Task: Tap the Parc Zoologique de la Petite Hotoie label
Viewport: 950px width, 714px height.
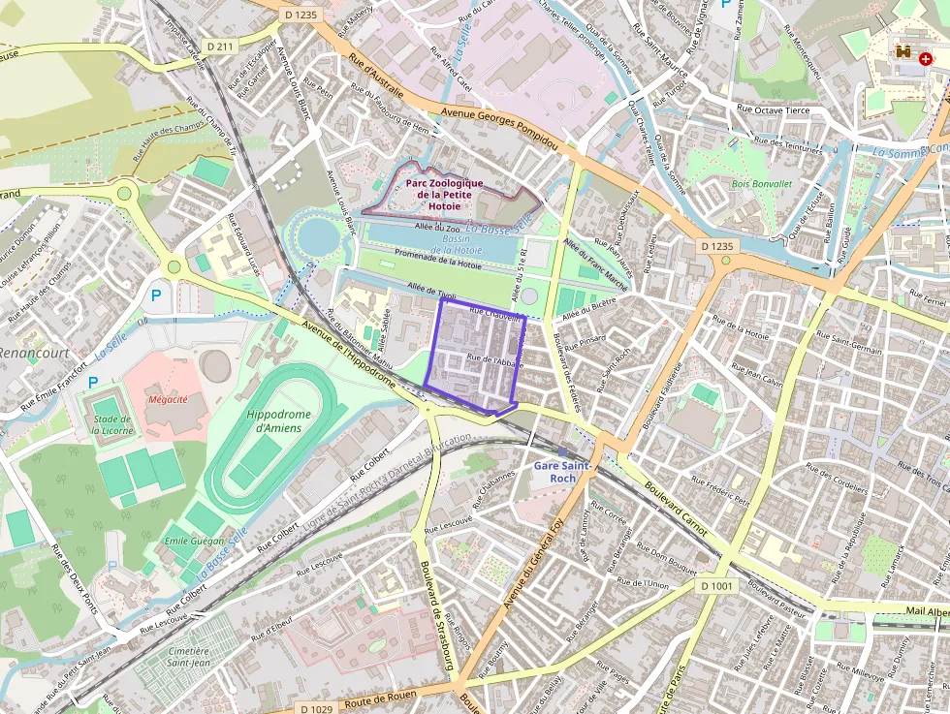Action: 444,194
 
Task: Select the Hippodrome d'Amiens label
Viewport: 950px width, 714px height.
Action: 279,421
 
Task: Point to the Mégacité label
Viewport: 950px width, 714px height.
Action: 168,399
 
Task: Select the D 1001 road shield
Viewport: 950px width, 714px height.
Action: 717,586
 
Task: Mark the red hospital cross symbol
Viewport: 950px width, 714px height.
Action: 926,58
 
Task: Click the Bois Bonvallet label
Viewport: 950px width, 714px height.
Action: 762,183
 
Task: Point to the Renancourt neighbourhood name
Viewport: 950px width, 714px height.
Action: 35,353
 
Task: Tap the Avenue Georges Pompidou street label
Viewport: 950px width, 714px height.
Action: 499,128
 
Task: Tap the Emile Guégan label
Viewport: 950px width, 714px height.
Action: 195,541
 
